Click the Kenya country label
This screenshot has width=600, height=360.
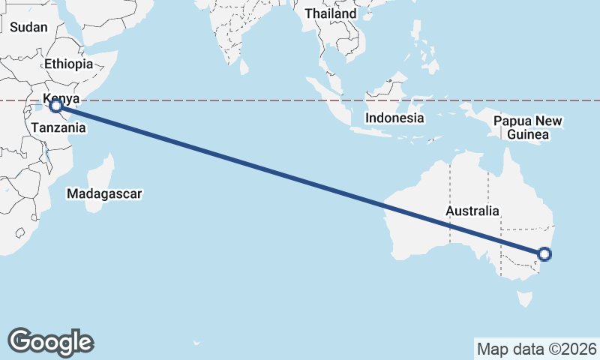click(x=61, y=99)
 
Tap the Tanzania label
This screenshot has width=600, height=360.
click(x=58, y=128)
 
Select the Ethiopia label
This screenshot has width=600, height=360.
click(x=68, y=64)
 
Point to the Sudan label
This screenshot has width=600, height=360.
click(x=28, y=27)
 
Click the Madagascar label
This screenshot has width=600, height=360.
click(x=104, y=194)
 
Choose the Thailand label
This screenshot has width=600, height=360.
click(x=331, y=14)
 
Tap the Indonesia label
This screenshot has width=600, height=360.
click(x=395, y=118)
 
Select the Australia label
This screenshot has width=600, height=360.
click(x=472, y=211)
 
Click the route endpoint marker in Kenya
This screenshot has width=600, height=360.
click(x=55, y=106)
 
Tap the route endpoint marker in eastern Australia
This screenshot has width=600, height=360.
click(x=545, y=254)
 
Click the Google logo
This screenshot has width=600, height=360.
click(x=50, y=342)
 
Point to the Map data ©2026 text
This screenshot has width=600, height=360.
click(x=536, y=349)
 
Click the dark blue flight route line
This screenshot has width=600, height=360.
click(x=300, y=180)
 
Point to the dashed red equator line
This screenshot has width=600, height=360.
click(x=225, y=100)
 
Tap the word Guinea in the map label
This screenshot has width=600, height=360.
click(x=529, y=135)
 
